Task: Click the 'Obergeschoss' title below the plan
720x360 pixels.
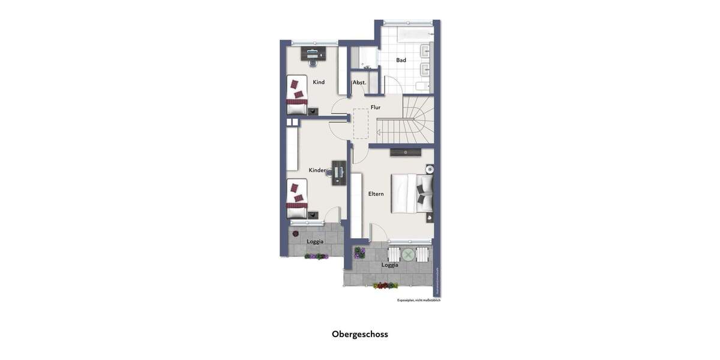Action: click(x=360, y=334)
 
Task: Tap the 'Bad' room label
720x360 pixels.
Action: click(x=401, y=60)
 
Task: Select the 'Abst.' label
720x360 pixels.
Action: click(x=359, y=82)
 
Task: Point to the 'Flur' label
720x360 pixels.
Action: click(x=376, y=107)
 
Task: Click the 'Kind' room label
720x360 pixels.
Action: click(x=319, y=82)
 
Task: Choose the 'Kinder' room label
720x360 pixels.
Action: click(x=317, y=170)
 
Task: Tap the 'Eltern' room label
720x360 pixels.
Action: click(x=376, y=194)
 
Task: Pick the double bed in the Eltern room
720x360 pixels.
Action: click(x=412, y=193)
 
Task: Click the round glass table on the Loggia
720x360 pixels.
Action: click(x=408, y=254)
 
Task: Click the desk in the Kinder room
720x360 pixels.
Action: click(x=339, y=172)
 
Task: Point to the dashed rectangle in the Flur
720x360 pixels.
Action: click(x=361, y=124)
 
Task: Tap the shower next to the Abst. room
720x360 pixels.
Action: click(x=365, y=58)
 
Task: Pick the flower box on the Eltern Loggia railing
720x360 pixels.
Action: click(x=385, y=286)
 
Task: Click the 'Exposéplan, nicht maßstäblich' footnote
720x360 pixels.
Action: click(x=418, y=300)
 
